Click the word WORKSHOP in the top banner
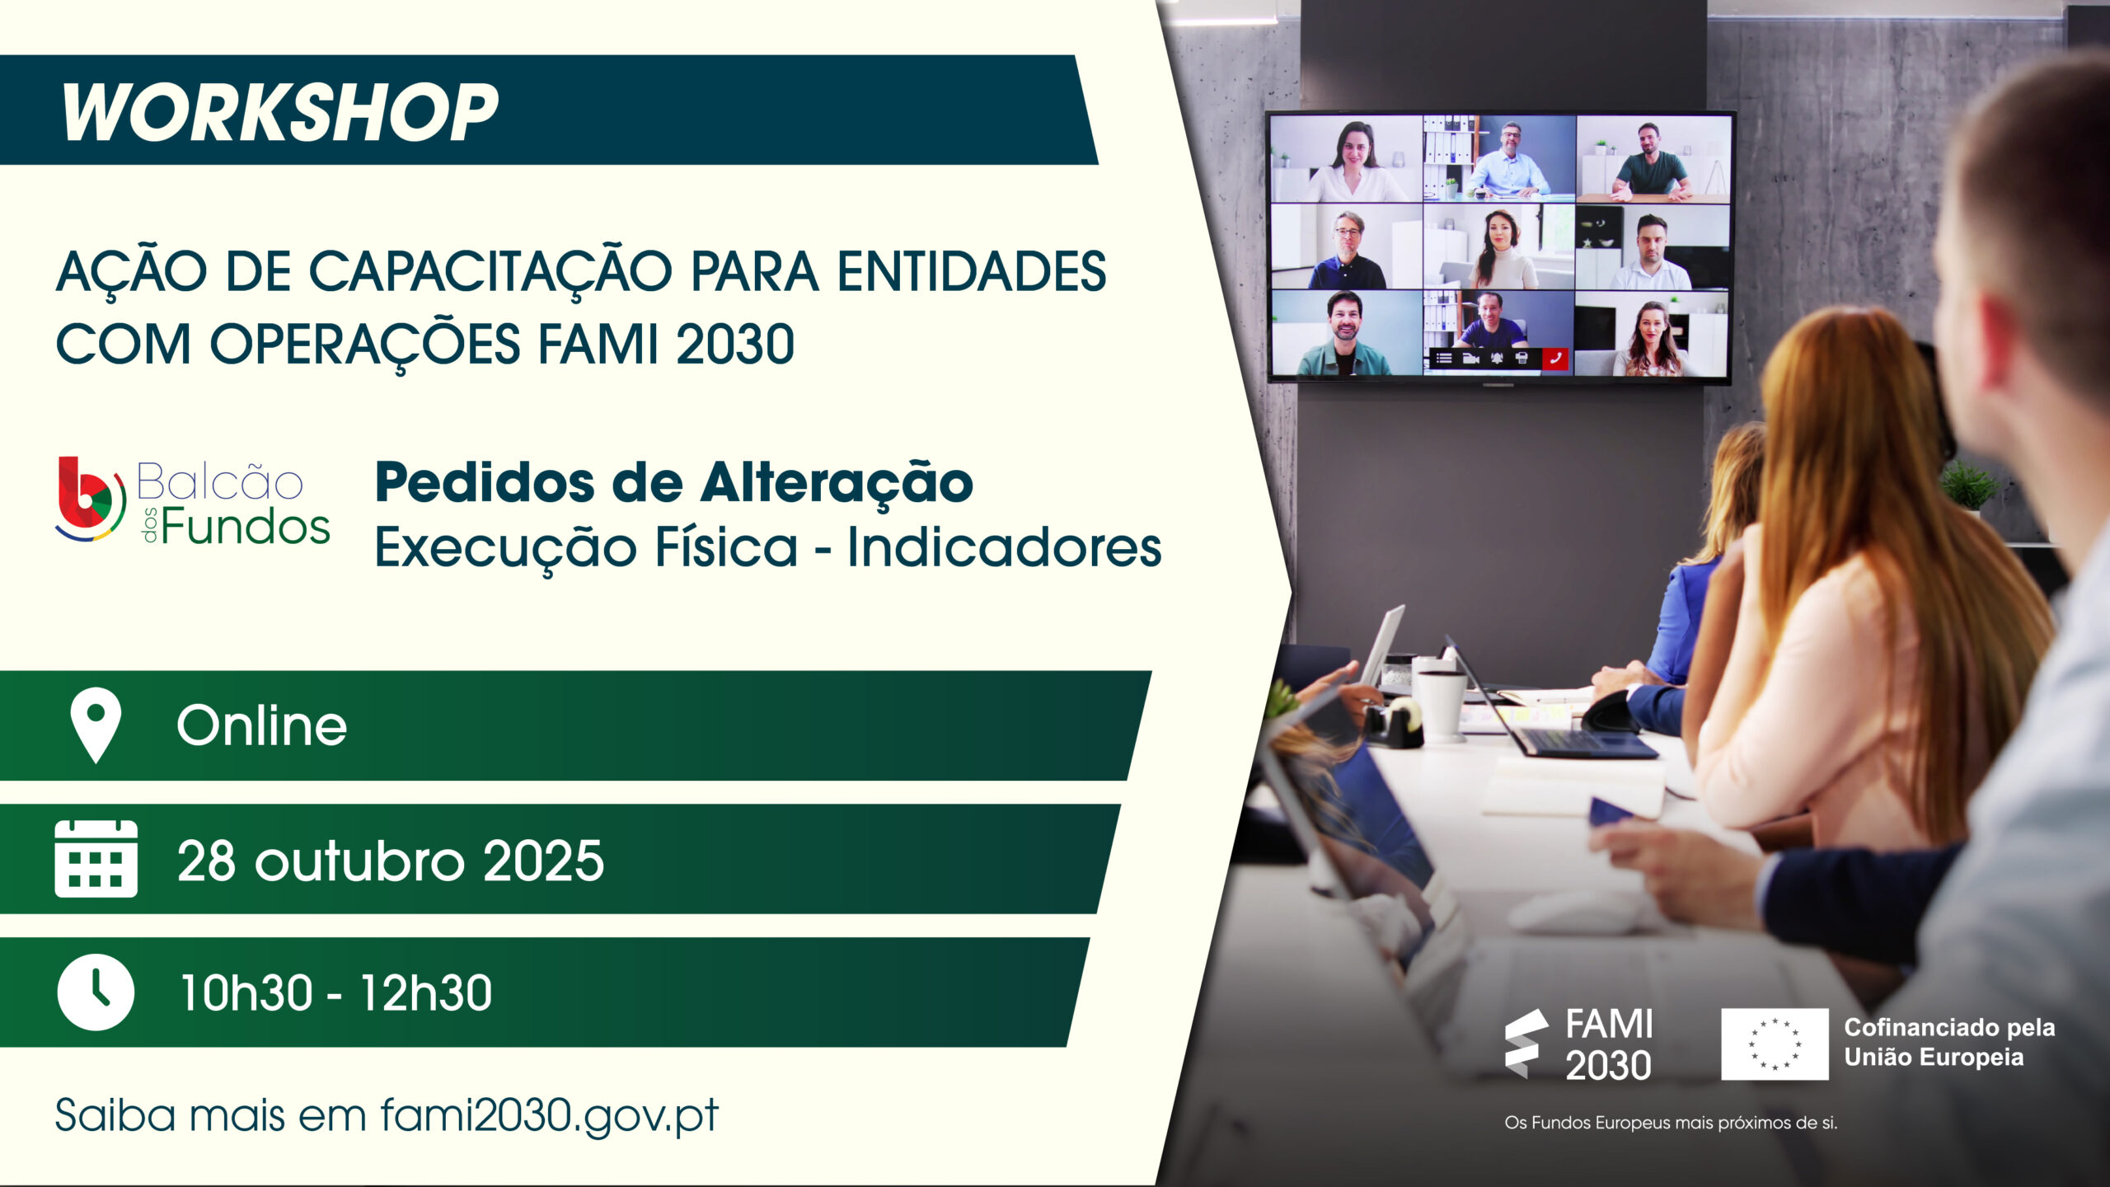[x=279, y=112]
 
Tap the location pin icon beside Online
[x=96, y=724]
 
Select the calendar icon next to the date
[x=96, y=858]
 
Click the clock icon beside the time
[x=96, y=992]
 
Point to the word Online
[x=262, y=725]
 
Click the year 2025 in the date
[x=543, y=861]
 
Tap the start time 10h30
[x=246, y=992]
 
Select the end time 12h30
[x=426, y=992]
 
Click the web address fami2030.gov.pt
[x=549, y=1116]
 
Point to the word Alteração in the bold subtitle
[x=837, y=484]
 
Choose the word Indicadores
[x=1005, y=547]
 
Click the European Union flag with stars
[x=1775, y=1044]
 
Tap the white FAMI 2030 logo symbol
[x=1526, y=1043]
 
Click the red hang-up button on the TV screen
[x=1554, y=358]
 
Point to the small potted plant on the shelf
[x=1970, y=486]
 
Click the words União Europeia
[x=1934, y=1058]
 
